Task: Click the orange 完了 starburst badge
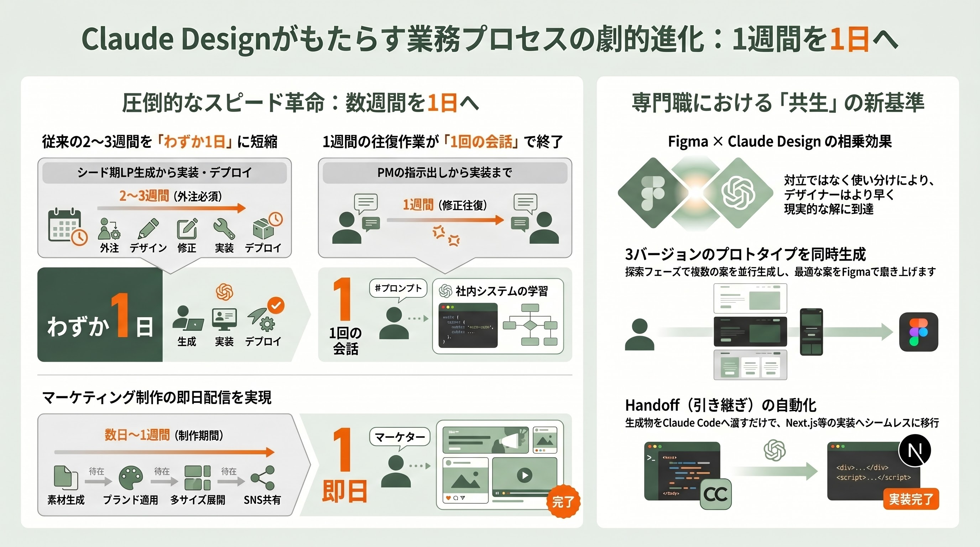pos(563,501)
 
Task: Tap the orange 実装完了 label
pos(911,499)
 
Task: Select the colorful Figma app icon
pos(918,332)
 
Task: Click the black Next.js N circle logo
pos(914,451)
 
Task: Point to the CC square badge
pos(716,494)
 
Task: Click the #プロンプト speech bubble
pos(398,288)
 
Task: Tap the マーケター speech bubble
pos(400,437)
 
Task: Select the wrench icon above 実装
pos(224,228)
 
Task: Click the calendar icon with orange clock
pos(67,226)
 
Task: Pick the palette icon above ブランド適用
pos(130,478)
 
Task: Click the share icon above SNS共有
pos(263,478)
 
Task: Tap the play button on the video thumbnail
pos(524,475)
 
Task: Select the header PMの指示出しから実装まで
pos(445,173)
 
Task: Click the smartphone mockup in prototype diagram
pos(811,332)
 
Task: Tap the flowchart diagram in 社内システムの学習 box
pos(530,325)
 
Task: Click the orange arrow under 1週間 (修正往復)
pos(445,220)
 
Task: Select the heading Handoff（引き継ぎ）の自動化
pos(720,405)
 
